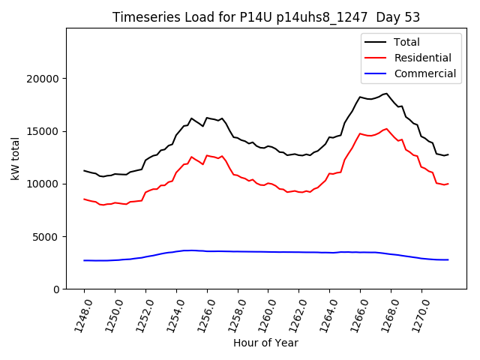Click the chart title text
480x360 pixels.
265,17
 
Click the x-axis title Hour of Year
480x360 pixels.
265,343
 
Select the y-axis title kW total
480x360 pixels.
15,157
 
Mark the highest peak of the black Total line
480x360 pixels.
387,94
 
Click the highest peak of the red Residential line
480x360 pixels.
387,128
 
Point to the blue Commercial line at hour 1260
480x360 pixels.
268,252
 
